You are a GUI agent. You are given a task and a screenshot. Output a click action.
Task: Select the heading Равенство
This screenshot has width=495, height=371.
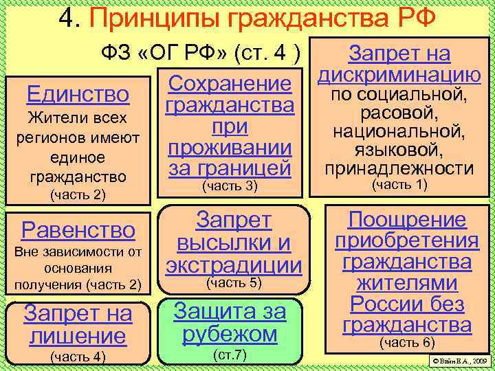[77, 228]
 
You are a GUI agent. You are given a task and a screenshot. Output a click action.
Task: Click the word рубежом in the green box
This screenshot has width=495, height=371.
[230, 334]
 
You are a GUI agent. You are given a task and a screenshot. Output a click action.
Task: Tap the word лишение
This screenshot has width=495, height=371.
[77, 336]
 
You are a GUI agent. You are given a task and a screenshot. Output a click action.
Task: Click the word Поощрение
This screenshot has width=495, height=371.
[407, 220]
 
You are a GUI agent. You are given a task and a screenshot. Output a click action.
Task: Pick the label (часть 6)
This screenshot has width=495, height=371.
[407, 342]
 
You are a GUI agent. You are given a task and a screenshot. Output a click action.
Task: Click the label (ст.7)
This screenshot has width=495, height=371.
[230, 355]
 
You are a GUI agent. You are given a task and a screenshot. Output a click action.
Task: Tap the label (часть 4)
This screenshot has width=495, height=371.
[77, 356]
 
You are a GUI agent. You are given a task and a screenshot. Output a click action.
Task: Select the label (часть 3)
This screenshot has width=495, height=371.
[230, 185]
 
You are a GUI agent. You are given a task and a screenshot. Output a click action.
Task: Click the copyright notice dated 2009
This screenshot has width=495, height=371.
[459, 360]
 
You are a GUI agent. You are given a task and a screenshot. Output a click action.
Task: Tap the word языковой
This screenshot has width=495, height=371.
[399, 150]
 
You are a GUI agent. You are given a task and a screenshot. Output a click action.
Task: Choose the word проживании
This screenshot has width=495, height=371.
[230, 148]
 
